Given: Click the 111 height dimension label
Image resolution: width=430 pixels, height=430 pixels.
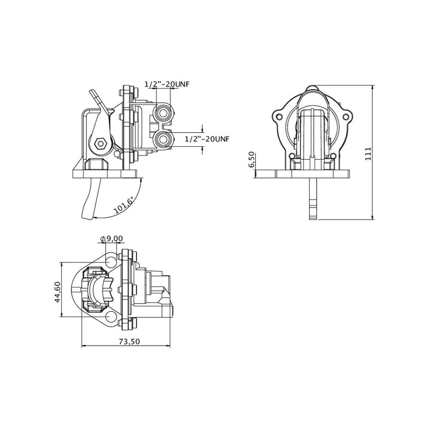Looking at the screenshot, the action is pos(368,154).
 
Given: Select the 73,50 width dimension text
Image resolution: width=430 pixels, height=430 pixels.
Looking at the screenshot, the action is pos(130,341).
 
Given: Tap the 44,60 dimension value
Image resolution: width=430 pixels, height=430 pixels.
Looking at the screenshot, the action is pos(58,292).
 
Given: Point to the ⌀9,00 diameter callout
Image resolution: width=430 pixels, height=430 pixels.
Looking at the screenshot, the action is pos(112,239).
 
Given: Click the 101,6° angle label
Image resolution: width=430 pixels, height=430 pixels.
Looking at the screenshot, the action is pos(124,205).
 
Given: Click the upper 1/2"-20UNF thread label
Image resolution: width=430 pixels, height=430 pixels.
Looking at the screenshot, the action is pos(167,84).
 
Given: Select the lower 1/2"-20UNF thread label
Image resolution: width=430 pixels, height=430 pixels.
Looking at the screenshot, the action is pos(207,139).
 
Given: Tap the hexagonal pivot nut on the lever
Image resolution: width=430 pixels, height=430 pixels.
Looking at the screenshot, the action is pos(100,143).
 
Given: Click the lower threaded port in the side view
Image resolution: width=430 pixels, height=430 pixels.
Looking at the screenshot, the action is pos(163,139).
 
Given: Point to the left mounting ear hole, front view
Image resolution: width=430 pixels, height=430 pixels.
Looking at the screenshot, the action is pos(279,117).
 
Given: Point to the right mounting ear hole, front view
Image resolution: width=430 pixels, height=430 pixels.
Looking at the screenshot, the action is pos(346,117).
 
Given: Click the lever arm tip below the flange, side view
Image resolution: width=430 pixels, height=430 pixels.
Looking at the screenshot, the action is pos(87,217).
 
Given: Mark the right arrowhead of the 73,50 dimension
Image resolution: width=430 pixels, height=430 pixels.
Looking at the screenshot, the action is pos(170,346).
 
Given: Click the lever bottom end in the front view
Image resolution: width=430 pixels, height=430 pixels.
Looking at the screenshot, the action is pos(313,218).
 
